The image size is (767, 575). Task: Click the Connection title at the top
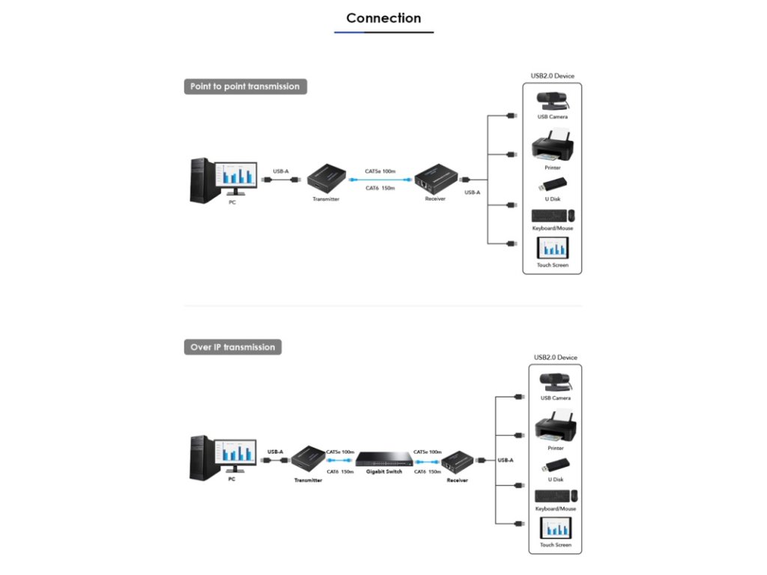[x=383, y=19]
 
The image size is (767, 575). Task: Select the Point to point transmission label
[x=245, y=87]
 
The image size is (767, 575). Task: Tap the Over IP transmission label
[x=233, y=347]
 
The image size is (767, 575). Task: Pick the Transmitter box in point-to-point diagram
[x=326, y=178]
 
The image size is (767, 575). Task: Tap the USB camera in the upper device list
[x=552, y=100]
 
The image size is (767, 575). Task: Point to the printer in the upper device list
[x=552, y=148]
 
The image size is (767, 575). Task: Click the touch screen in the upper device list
[x=553, y=248]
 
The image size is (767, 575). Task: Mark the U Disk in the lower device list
[x=556, y=465]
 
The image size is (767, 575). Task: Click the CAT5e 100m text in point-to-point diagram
[x=380, y=171]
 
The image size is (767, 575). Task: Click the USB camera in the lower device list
[x=555, y=381]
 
